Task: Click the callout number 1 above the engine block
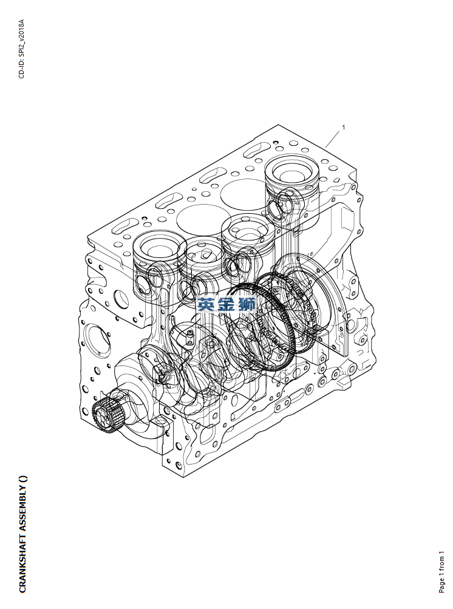click(x=343, y=127)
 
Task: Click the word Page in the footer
click(x=441, y=586)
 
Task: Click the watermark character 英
click(x=206, y=305)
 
